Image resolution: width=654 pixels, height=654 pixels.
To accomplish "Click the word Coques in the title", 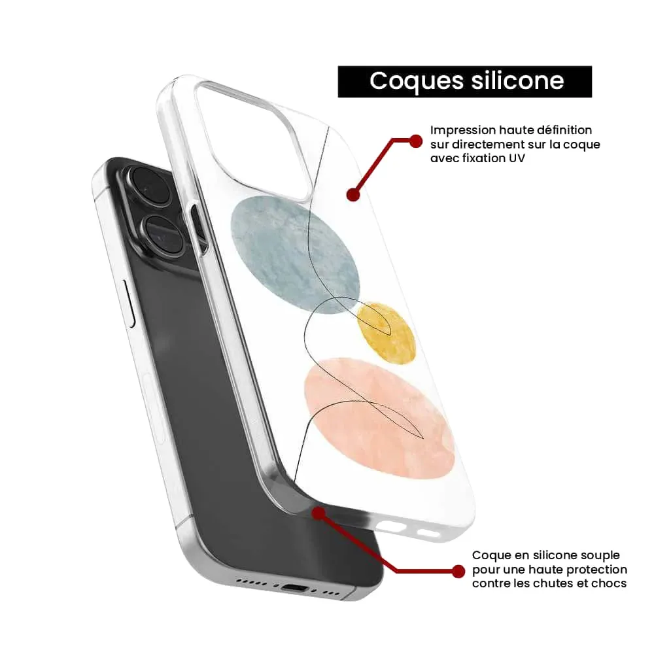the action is point(416,81).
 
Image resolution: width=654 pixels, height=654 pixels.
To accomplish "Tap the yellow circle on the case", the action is point(387,332).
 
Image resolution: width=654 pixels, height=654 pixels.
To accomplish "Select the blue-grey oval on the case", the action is point(295,254).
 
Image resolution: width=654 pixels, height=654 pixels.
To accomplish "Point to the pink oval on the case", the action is point(379,418).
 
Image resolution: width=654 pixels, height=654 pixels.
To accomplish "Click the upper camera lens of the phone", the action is point(149,186).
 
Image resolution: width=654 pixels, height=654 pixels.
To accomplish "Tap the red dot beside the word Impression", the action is point(415,141).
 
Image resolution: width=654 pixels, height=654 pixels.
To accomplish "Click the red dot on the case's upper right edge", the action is point(353,194).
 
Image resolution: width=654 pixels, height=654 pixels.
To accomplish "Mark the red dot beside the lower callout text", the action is point(458,572).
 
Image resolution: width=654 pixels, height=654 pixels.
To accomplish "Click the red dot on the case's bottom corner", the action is point(318,513).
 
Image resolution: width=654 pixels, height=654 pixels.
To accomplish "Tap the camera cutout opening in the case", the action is point(250,137).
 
